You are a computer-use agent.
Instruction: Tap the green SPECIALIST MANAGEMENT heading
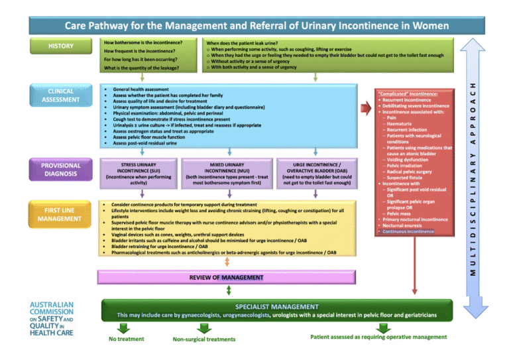276,306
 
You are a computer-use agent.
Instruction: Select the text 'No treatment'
127,339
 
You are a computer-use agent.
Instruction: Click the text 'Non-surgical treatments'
203,339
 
